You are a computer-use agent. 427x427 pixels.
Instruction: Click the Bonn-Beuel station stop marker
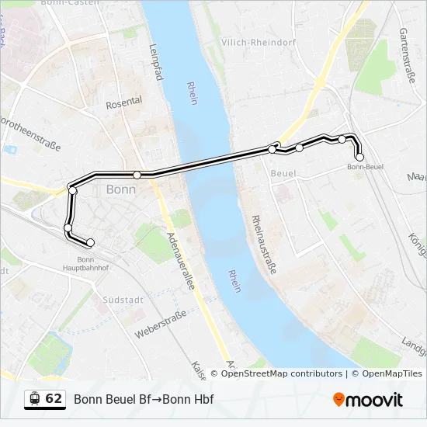pyautogui.click(x=359, y=157)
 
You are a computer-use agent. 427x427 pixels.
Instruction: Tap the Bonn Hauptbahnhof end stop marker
pyautogui.click(x=90, y=243)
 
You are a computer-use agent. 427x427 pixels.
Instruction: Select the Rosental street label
pyautogui.click(x=124, y=102)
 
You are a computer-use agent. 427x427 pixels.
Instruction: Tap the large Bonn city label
pyautogui.click(x=120, y=189)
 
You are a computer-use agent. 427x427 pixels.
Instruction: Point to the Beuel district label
pyautogui.click(x=283, y=174)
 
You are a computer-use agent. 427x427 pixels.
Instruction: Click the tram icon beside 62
pyautogui.click(x=34, y=399)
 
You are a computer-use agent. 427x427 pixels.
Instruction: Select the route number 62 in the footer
pyautogui.click(x=54, y=399)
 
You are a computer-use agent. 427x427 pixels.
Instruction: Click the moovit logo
pyautogui.click(x=368, y=400)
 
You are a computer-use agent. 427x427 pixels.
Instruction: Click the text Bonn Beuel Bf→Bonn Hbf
pyautogui.click(x=144, y=399)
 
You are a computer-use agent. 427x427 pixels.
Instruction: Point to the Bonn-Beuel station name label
pyautogui.click(x=365, y=167)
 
